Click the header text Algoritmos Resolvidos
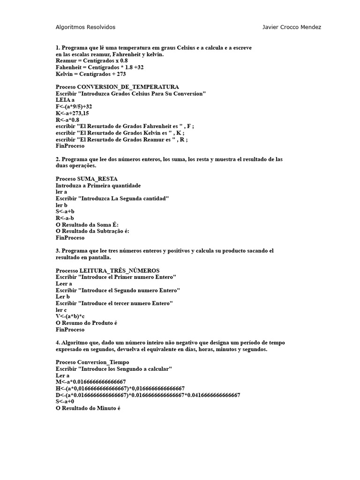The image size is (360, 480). pyautogui.click(x=85, y=27)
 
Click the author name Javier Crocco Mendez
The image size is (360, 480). pyautogui.click(x=292, y=27)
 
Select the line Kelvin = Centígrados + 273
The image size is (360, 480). pyautogui.click(x=90, y=74)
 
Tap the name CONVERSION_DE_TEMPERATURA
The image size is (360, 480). pyautogui.click(x=127, y=87)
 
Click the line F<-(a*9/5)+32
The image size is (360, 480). pyautogui.click(x=74, y=107)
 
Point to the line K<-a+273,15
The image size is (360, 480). pyautogui.click(x=72, y=113)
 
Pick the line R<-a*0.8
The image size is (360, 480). pyautogui.click(x=67, y=120)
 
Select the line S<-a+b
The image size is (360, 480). pyautogui.click(x=65, y=212)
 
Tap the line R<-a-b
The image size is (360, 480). pyautogui.click(x=65, y=218)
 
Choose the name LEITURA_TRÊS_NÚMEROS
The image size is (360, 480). pyautogui.click(x=120, y=271)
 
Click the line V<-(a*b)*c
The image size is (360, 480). pyautogui.click(x=70, y=316)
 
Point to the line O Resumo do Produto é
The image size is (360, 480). pyautogui.click(x=86, y=323)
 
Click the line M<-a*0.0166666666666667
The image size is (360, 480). pyautogui.click(x=91, y=382)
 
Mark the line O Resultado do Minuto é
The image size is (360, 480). pyautogui.click(x=88, y=408)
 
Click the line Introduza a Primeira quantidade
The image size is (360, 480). pyautogui.click(x=98, y=186)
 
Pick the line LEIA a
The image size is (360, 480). pyautogui.click(x=65, y=100)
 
